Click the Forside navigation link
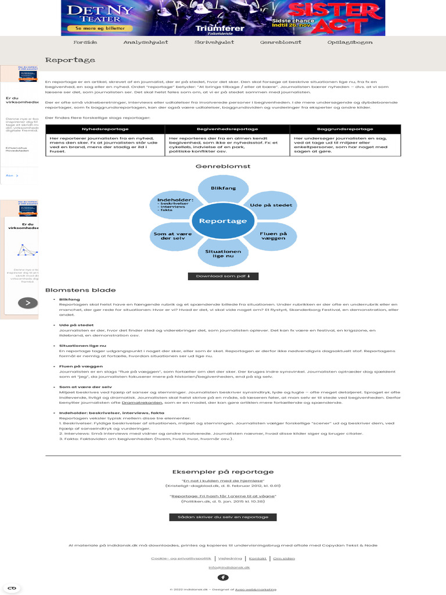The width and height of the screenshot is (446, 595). click(x=85, y=42)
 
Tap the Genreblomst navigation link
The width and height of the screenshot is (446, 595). click(x=280, y=42)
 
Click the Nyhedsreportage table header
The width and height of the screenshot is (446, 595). click(x=105, y=129)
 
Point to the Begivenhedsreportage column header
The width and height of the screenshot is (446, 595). click(x=228, y=129)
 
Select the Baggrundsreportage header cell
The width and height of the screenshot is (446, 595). click(x=345, y=129)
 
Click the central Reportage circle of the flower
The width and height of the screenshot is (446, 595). click(x=223, y=221)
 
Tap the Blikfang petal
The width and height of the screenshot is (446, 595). click(x=223, y=189)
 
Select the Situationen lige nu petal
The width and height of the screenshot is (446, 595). click(x=223, y=254)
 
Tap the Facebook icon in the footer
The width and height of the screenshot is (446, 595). click(x=223, y=577)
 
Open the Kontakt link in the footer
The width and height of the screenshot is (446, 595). click(x=258, y=558)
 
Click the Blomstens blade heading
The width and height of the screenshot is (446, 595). click(x=80, y=290)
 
